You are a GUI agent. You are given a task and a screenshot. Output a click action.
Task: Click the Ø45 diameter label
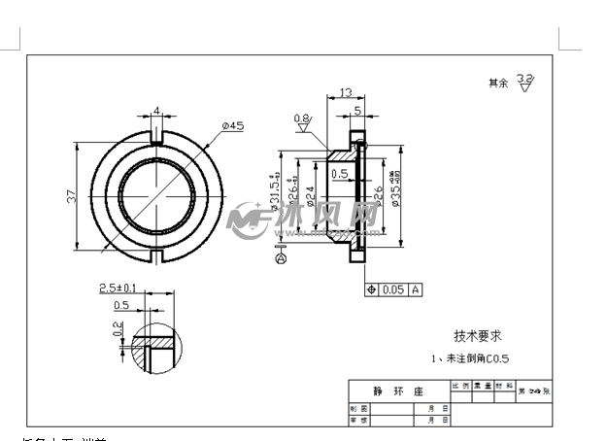pyautogui.click(x=232, y=125)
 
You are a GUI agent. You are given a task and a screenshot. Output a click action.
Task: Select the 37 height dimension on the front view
pyautogui.click(x=71, y=196)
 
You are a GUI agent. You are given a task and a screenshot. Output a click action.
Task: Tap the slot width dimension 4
pyautogui.click(x=157, y=111)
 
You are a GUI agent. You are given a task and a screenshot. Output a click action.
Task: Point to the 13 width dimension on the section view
pyautogui.click(x=345, y=93)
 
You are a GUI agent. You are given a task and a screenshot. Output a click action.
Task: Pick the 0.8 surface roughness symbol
pyautogui.click(x=302, y=119)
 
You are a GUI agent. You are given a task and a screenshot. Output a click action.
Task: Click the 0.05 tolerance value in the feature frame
pyautogui.click(x=392, y=289)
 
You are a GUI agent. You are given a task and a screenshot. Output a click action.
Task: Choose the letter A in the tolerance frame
pyautogui.click(x=416, y=289)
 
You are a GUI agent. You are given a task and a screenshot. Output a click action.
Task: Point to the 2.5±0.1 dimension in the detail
pyautogui.click(x=118, y=288)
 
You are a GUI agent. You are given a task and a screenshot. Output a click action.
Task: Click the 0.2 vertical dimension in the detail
pyautogui.click(x=118, y=331)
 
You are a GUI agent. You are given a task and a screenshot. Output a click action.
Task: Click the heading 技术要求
pyautogui.click(x=476, y=335)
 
